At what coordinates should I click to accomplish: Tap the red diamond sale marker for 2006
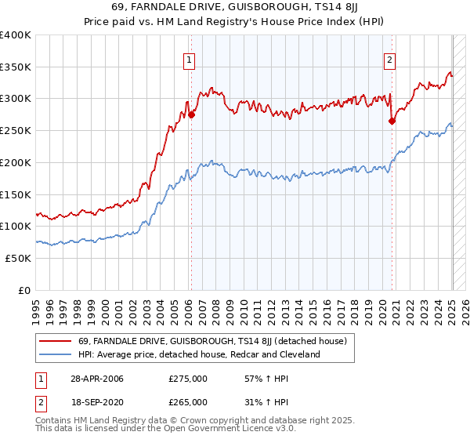[x=191, y=114]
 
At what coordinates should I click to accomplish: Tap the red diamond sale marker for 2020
[x=392, y=120]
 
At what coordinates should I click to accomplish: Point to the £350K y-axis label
[x=16, y=67]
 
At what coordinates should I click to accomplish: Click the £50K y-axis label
[x=18, y=258]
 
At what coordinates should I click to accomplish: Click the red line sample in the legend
[x=54, y=341]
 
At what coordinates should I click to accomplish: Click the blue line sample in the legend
[x=54, y=354]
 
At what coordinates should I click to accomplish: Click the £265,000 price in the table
[x=188, y=402]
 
